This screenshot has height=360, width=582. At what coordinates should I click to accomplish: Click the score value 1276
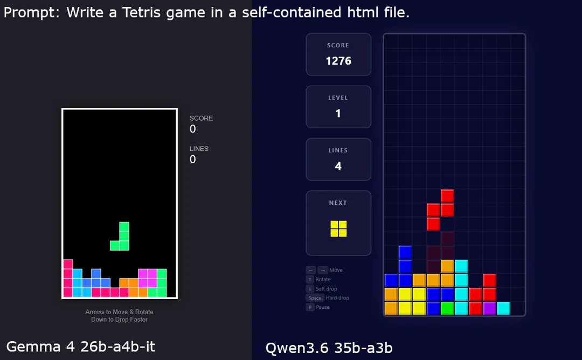pos(338,61)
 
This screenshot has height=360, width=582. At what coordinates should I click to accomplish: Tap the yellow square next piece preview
pos(338,229)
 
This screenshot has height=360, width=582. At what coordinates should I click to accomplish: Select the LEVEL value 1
pos(338,113)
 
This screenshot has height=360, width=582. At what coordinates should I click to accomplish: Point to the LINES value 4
pos(338,166)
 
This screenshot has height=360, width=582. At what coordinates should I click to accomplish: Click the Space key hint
pos(315,297)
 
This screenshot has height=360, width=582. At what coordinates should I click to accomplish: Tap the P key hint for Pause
pos(310,307)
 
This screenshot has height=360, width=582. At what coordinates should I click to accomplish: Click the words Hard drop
pos(337,297)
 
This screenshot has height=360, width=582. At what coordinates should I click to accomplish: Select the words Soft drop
pos(326,289)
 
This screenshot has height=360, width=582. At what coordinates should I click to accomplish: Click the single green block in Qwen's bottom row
pos(447,308)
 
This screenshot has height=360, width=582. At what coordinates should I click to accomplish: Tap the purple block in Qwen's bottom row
pos(489,308)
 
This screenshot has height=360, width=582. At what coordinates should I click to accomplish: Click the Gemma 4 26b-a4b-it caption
pos(80,347)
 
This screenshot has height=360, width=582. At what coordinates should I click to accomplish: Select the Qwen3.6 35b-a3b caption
pos(329,348)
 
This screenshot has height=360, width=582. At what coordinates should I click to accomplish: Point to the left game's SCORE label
pos(201,118)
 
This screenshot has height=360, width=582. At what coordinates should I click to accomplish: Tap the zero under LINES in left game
pos(192,159)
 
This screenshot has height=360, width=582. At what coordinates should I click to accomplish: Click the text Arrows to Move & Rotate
pos(119,311)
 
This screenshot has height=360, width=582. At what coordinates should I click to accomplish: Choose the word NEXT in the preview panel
pos(338,203)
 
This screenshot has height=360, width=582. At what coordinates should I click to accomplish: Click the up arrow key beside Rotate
pos(310,280)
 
